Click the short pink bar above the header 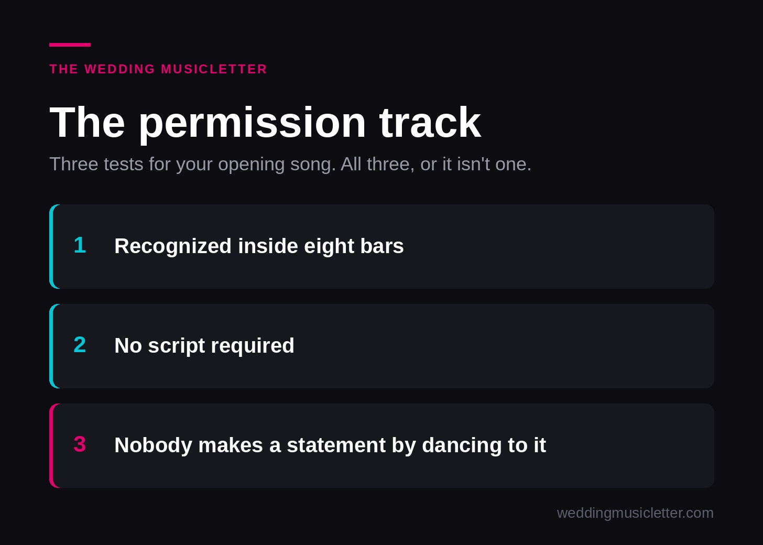coord(70,45)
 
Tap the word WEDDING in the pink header coord(120,69)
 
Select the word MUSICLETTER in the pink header coord(214,69)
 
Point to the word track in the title coord(430,122)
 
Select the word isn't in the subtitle coord(474,164)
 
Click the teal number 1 coord(80,245)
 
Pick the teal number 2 coord(80,345)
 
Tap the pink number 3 coord(80,444)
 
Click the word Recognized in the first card coord(173,247)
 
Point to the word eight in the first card coord(329,247)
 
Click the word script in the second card coord(177,346)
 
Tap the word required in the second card coord(253,346)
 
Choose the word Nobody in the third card coord(153,446)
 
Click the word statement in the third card coord(336,445)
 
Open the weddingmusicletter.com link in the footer coord(635,514)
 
